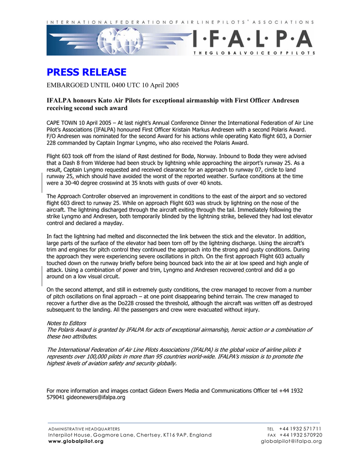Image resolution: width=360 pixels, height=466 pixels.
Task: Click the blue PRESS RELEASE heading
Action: pyautogui.click(x=86, y=72)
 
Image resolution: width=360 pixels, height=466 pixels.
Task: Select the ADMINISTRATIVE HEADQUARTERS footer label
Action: pyautogui.click(x=84, y=429)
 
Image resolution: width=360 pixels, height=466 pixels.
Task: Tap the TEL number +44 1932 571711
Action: pyautogui.click(x=300, y=429)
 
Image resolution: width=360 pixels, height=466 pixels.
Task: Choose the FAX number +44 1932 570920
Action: pyautogui.click(x=300, y=435)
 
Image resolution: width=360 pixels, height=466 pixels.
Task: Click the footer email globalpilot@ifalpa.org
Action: pyautogui.click(x=291, y=441)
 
